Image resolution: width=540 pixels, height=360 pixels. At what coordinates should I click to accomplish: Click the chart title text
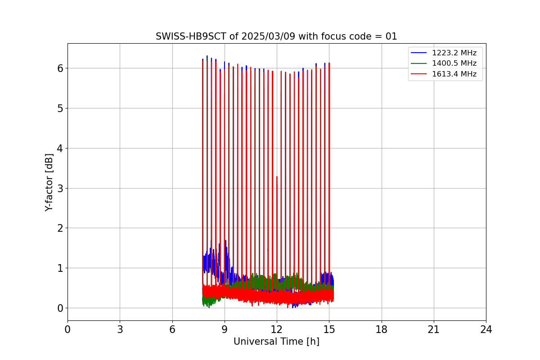point(276,36)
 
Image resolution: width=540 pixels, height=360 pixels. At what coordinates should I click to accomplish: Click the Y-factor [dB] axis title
point(49,182)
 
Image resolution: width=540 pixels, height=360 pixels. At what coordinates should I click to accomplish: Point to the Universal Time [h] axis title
point(276,342)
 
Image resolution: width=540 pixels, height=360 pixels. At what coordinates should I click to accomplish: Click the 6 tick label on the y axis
point(60,68)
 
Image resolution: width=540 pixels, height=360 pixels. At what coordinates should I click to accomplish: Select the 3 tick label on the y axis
point(60,188)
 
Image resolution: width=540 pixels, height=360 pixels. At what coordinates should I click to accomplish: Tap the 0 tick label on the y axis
point(60,308)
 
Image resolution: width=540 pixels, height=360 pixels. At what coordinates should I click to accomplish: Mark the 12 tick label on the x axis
point(277,330)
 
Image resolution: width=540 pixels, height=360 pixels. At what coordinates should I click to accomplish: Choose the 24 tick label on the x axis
point(486,330)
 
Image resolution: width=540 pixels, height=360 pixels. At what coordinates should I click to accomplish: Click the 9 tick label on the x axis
point(225,330)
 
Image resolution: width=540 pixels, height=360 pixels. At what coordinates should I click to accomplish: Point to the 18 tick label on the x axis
point(381,330)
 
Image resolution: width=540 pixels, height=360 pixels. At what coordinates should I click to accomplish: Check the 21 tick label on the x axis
point(434,330)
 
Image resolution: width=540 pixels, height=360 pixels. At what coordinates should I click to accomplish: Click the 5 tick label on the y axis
point(60,108)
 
